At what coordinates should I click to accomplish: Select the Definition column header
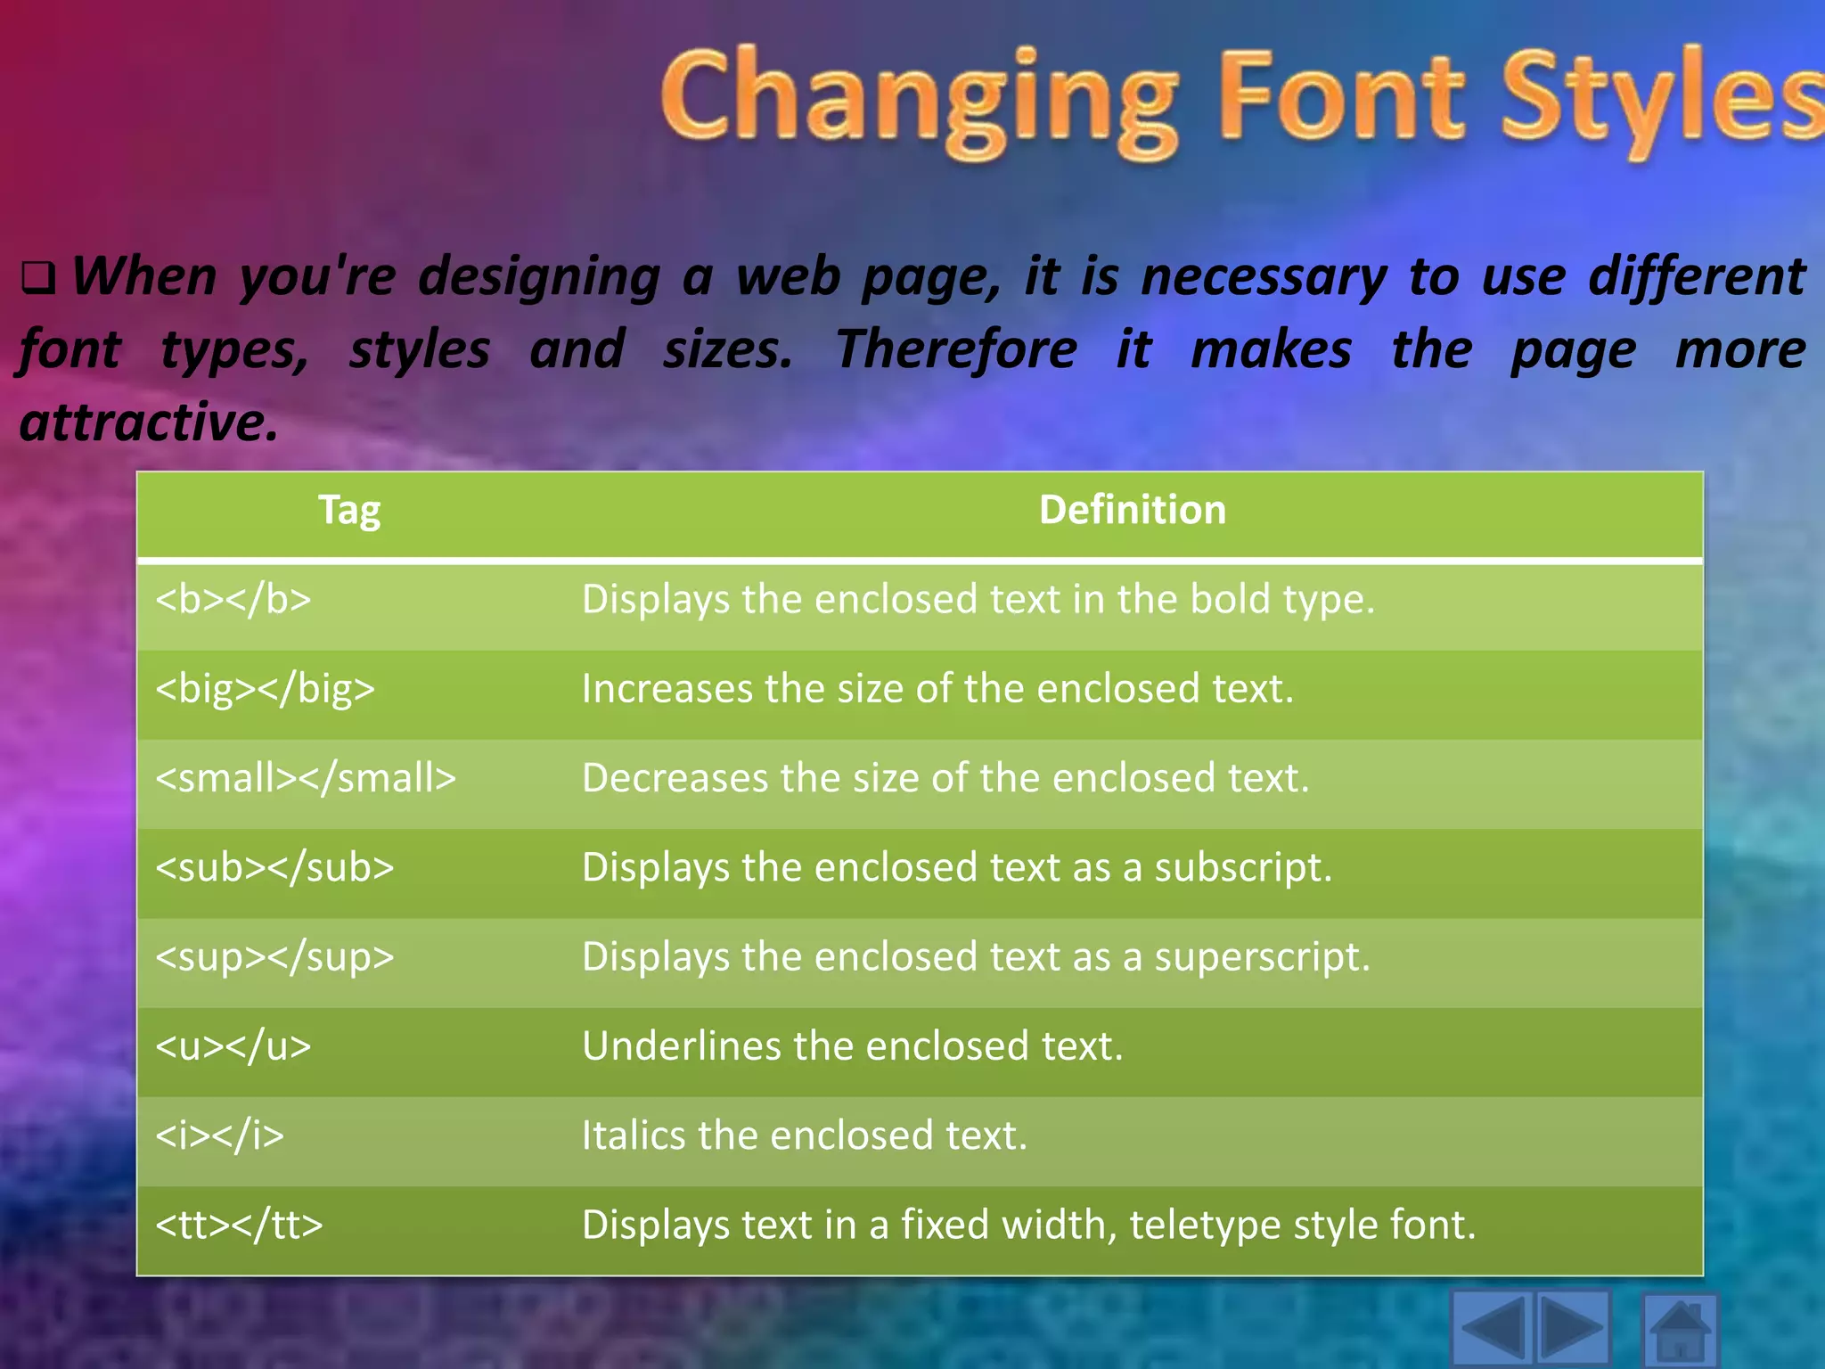(x=1132, y=510)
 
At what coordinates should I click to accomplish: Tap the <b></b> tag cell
(x=233, y=600)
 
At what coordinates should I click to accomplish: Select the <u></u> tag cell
(x=233, y=1046)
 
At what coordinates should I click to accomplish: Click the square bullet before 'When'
(x=38, y=279)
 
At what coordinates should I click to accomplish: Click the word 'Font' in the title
(x=1341, y=96)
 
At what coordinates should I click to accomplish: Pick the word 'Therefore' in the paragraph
(x=955, y=349)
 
